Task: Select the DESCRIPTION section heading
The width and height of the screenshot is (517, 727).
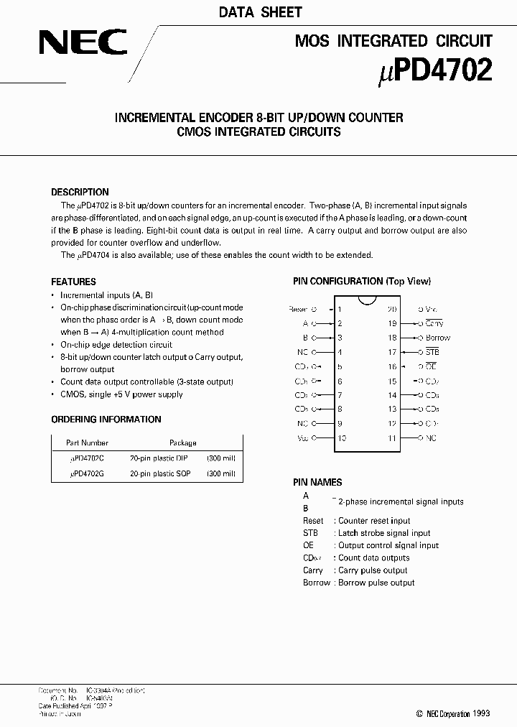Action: pyautogui.click(x=80, y=192)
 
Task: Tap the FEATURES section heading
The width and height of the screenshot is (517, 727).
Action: pyautogui.click(x=73, y=282)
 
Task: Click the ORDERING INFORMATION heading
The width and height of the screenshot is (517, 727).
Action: pyautogui.click(x=106, y=419)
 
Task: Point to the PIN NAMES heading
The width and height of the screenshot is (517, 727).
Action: pyautogui.click(x=317, y=482)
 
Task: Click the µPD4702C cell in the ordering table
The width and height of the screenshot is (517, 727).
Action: pyautogui.click(x=87, y=458)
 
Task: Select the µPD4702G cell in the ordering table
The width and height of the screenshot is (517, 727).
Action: pyautogui.click(x=87, y=473)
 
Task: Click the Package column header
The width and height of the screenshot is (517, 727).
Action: pyautogui.click(x=182, y=443)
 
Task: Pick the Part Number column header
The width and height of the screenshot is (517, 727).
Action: pyautogui.click(x=87, y=443)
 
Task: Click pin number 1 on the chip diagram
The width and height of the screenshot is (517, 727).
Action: pyautogui.click(x=340, y=309)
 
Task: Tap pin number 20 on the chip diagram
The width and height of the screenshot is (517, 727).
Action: pyautogui.click(x=392, y=309)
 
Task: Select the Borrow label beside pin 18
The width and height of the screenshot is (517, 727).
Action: pyautogui.click(x=437, y=338)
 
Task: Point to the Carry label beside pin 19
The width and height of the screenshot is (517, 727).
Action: pyautogui.click(x=434, y=323)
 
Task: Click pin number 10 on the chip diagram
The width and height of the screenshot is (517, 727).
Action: pyautogui.click(x=341, y=437)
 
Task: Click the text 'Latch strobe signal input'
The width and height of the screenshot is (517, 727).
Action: pyautogui.click(x=384, y=533)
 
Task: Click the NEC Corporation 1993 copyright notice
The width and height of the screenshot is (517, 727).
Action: pyautogui.click(x=453, y=713)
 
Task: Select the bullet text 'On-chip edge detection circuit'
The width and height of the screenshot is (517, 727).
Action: pyautogui.click(x=116, y=344)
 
